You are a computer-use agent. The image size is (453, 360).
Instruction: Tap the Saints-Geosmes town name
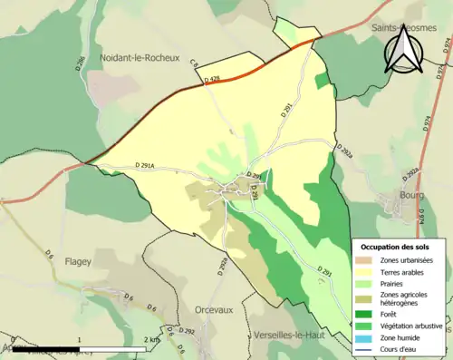pyautogui.click(x=404, y=29)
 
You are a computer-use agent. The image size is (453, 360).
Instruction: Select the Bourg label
pyautogui.click(x=413, y=194)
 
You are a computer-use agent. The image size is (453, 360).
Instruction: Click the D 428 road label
pyautogui.click(x=212, y=80)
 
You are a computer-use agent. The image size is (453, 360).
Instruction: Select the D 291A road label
pyautogui.click(x=146, y=165)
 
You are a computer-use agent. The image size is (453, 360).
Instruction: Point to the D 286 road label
pyautogui.click(x=80, y=63)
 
